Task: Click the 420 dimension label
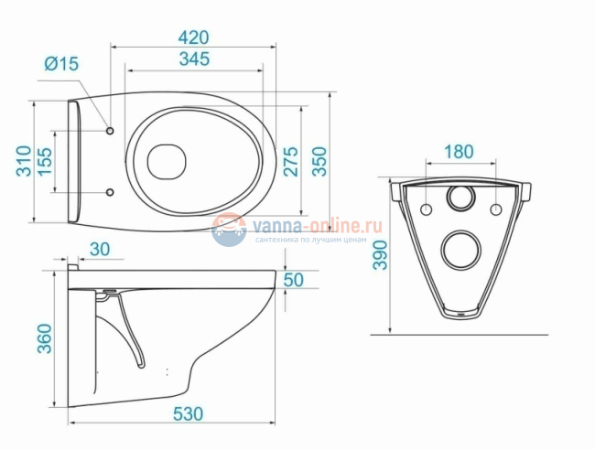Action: [x=194, y=37]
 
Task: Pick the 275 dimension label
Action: [x=290, y=161]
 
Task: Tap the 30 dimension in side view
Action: [x=100, y=250]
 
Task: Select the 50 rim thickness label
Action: [x=293, y=280]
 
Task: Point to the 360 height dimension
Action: [x=45, y=339]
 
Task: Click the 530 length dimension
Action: [x=188, y=413]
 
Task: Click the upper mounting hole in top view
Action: [x=111, y=130]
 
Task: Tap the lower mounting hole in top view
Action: [x=111, y=192]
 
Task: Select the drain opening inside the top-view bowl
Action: [x=167, y=160]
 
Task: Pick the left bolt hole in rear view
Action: [x=426, y=209]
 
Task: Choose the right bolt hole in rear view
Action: [x=496, y=209]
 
